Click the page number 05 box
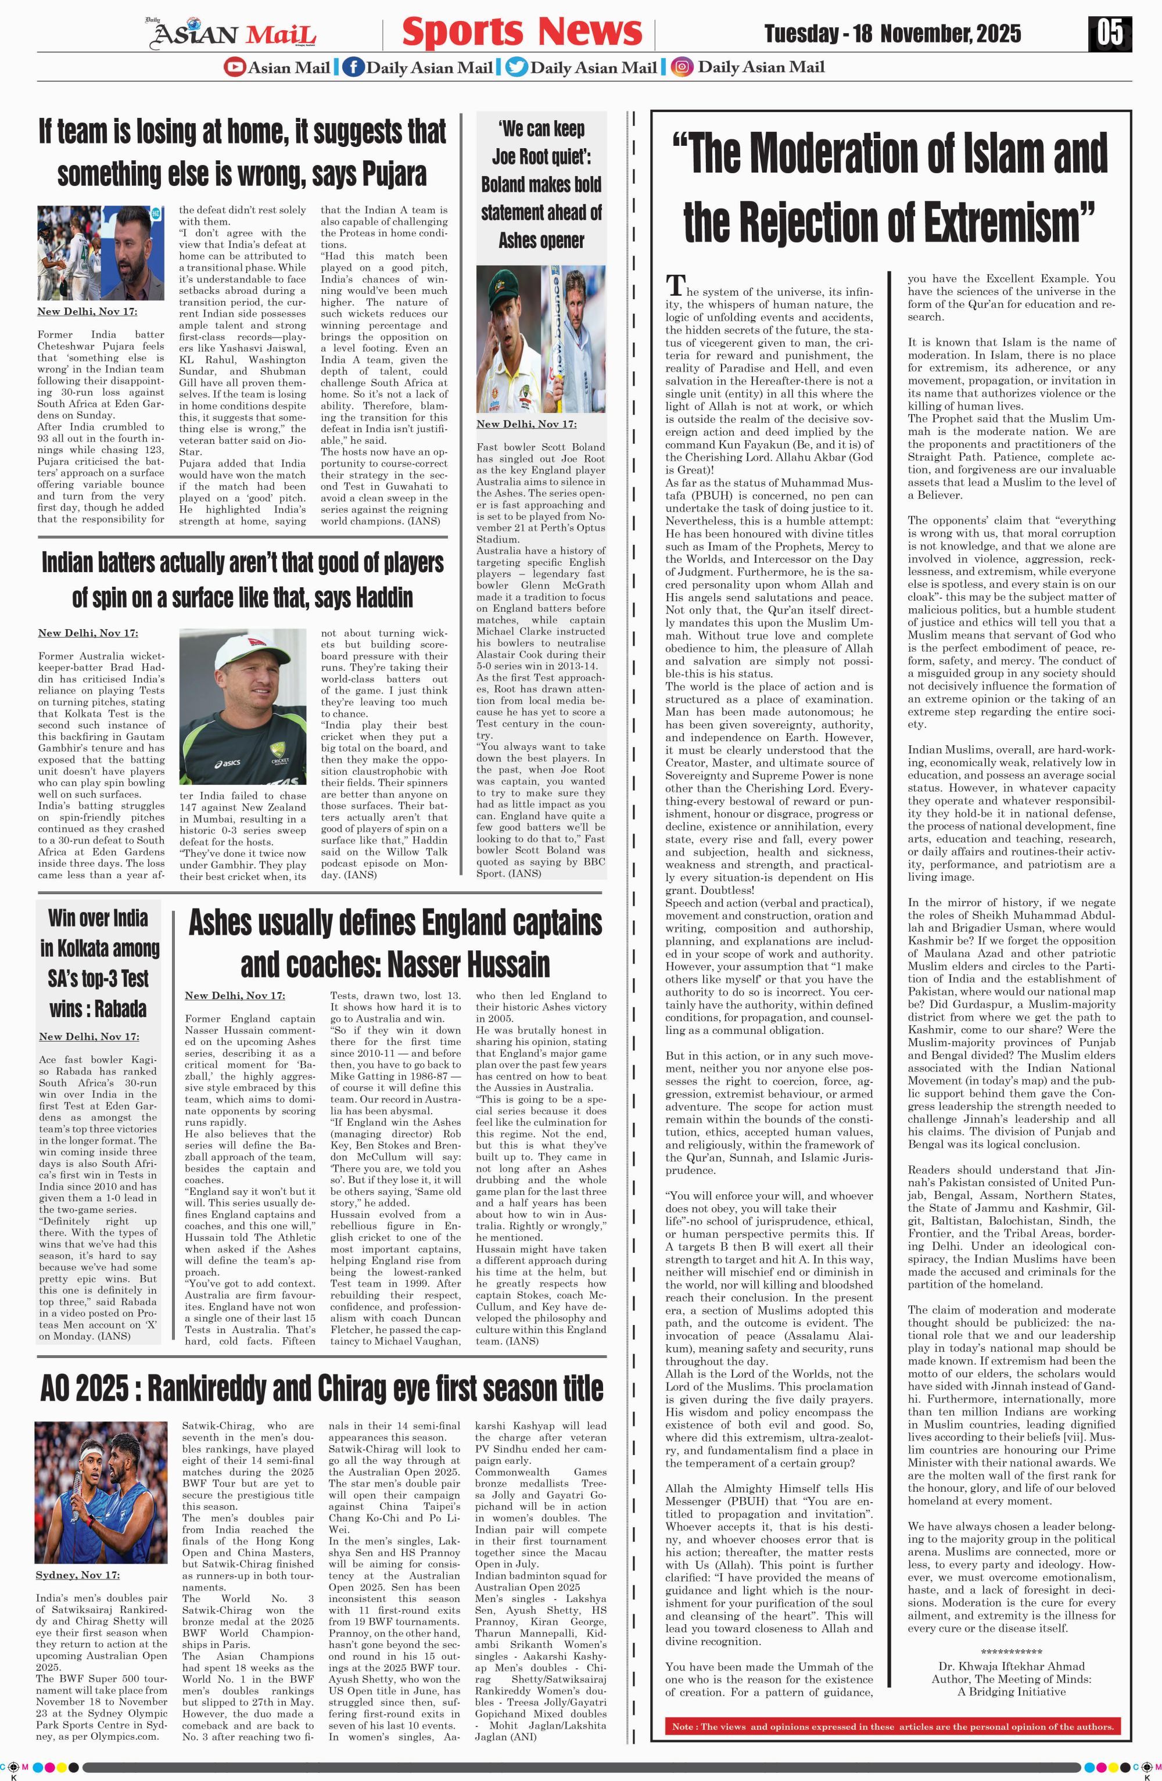(1110, 33)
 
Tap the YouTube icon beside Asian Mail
(234, 67)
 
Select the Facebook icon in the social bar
(353, 67)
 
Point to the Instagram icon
(682, 67)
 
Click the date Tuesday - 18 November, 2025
(892, 34)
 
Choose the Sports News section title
(522, 32)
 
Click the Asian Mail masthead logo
(234, 34)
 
